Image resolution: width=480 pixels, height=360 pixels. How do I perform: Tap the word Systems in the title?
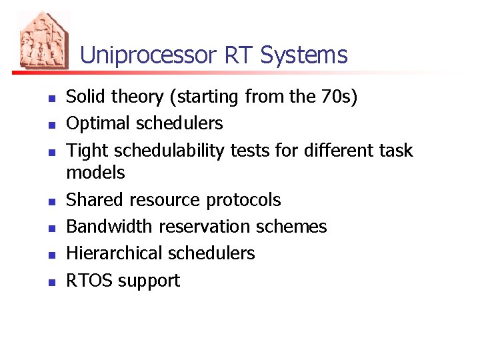304,55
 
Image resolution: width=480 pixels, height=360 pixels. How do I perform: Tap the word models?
95,173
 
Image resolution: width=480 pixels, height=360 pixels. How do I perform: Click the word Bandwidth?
109,227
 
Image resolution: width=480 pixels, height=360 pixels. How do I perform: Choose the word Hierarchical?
114,253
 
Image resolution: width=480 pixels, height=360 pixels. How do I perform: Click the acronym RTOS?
89,281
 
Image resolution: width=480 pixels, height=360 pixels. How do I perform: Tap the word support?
149,281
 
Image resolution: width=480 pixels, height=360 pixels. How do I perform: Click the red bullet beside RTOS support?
51,282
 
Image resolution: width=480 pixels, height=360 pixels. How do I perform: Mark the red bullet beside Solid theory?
51,99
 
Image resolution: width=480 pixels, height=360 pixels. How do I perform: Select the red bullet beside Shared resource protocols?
51,201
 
